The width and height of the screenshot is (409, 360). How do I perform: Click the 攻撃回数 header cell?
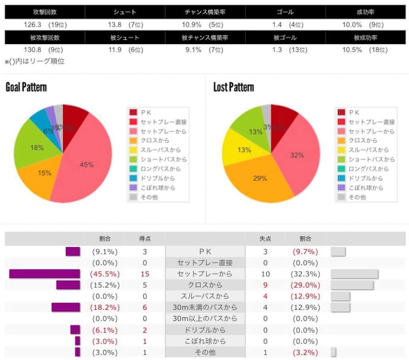[x=44, y=12]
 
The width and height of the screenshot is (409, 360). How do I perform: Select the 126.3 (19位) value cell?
[x=45, y=25]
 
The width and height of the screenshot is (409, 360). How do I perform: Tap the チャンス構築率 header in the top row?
[x=205, y=12]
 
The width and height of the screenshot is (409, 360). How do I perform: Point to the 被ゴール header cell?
[x=285, y=38]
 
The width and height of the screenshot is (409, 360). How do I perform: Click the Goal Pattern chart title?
[x=26, y=87]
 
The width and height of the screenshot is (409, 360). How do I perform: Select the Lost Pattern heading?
[x=234, y=87]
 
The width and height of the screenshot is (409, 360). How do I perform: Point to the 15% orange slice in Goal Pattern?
[x=40, y=176]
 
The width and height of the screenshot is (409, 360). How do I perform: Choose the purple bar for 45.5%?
[x=44, y=274]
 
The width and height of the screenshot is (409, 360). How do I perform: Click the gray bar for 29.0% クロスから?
[x=352, y=285]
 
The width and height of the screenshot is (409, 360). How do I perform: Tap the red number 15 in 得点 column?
[x=145, y=274]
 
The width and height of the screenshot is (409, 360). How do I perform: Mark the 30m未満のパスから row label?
[x=204, y=307]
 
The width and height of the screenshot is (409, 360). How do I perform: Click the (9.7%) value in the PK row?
[x=305, y=251]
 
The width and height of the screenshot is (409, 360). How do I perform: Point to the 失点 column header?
[x=265, y=239]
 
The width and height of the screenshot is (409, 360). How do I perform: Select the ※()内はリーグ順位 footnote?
[x=35, y=61]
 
